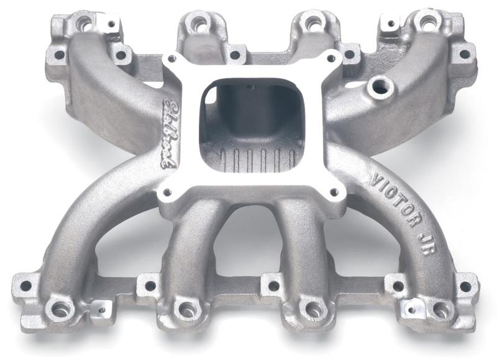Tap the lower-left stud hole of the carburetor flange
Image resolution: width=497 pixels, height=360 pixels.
(165, 189)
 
